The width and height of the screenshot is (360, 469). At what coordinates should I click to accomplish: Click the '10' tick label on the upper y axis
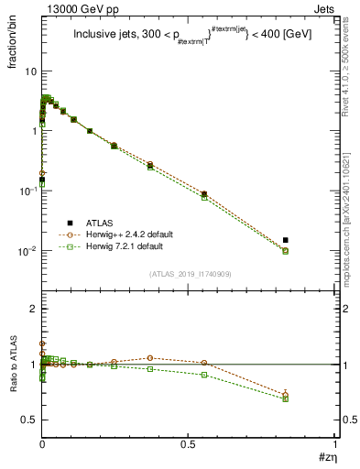(x=30, y=71)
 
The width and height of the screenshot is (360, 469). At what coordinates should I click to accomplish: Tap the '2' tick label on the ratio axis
(x=34, y=309)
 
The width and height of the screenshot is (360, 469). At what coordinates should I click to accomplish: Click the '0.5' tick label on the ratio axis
(x=29, y=420)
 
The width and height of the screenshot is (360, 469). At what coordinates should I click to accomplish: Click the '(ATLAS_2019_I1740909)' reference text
(x=189, y=274)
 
